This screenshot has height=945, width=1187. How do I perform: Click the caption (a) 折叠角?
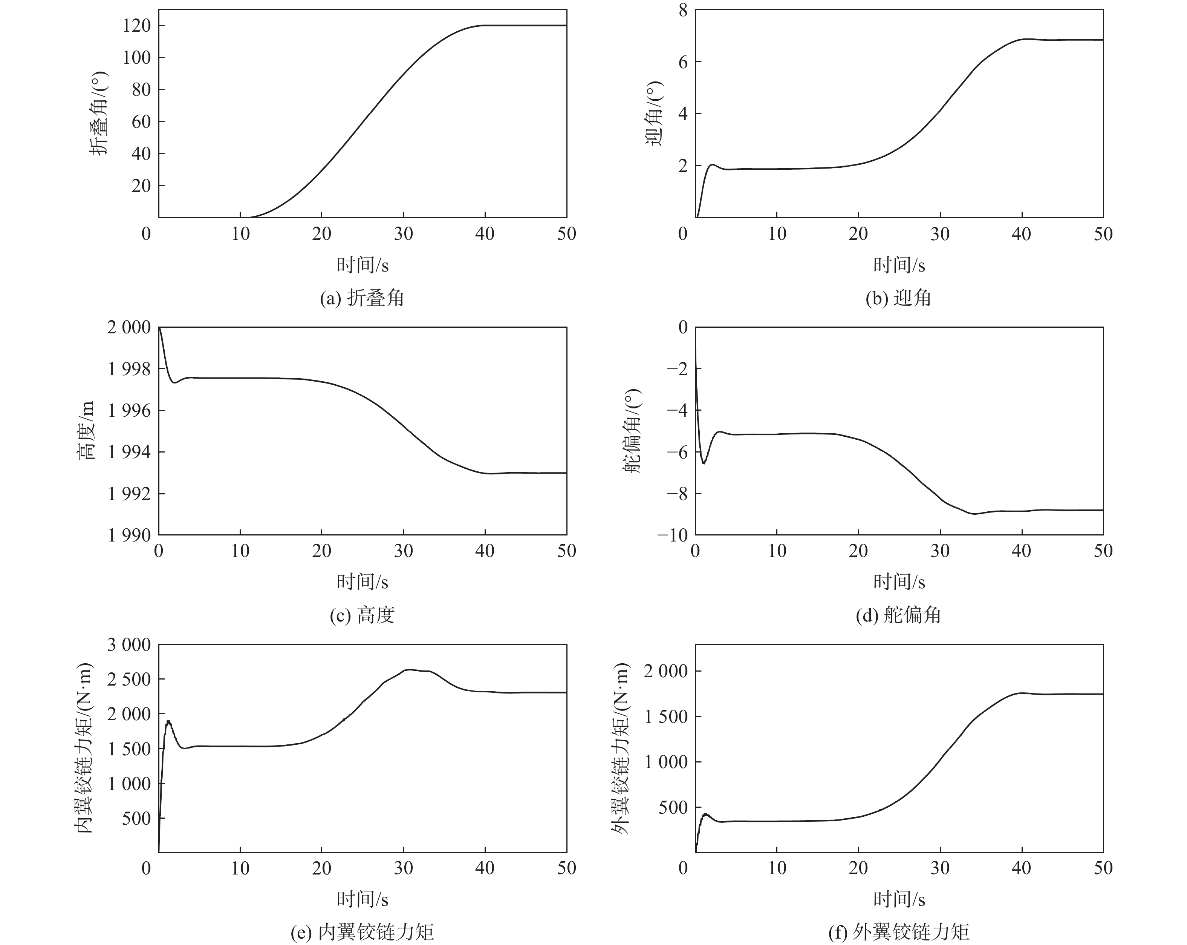point(362,298)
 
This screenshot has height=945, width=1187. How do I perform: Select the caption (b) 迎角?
point(898,298)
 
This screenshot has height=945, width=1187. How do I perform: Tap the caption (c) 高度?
point(362,615)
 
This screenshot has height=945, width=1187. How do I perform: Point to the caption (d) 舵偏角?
point(898,615)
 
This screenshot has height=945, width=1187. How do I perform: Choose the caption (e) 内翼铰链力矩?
point(362,932)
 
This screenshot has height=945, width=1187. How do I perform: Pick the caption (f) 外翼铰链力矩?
point(898,932)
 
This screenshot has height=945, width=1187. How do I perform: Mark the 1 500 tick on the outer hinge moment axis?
point(666,716)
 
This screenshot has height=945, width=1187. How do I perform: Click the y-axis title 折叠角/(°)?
point(99,114)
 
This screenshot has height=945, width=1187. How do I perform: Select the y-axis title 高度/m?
point(86,431)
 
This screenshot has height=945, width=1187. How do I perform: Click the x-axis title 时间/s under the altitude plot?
point(362,581)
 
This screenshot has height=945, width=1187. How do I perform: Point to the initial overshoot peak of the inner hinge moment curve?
point(168,721)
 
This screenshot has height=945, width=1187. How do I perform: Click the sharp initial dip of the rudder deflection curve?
point(703,463)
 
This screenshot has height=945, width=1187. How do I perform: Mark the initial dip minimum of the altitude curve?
point(176,382)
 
